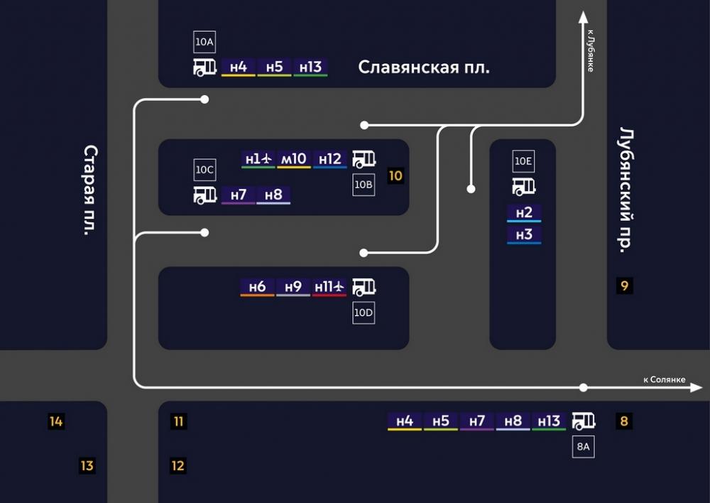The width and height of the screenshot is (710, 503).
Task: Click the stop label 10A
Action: pyautogui.click(x=204, y=42)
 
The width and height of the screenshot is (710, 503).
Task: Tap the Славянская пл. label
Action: pyautogui.click(x=424, y=67)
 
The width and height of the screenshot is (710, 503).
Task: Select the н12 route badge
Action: pyautogui.click(x=330, y=160)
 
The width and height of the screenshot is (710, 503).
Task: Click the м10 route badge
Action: pyautogui.click(x=294, y=160)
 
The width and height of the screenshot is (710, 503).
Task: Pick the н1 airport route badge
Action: pyautogui.click(x=258, y=160)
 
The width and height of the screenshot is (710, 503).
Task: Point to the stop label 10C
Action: pyautogui.click(x=204, y=170)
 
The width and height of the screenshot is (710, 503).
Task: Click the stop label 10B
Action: pyautogui.click(x=364, y=185)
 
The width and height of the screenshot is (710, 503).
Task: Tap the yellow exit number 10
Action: pyautogui.click(x=395, y=175)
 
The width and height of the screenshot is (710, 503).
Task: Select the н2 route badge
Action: pyautogui.click(x=524, y=213)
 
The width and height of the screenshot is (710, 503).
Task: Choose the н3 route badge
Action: pyautogui.click(x=524, y=235)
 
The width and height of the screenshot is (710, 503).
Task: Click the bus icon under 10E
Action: pyautogui.click(x=524, y=187)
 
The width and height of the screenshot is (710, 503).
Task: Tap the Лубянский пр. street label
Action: pyautogui.click(x=627, y=190)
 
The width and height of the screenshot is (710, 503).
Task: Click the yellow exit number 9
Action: pyautogui.click(x=624, y=286)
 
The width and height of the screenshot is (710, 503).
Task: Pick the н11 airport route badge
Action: pyautogui.click(x=329, y=287)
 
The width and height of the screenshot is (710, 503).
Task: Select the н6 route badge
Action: pyautogui.click(x=257, y=287)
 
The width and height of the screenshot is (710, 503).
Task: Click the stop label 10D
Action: pyautogui.click(x=364, y=313)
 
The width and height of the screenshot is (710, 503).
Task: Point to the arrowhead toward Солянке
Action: pyautogui.click(x=696, y=387)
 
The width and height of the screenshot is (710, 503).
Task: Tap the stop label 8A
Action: pyautogui.click(x=583, y=447)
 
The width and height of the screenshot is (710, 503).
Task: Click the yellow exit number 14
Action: pyautogui.click(x=55, y=421)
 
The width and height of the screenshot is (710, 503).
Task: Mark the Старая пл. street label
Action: pyautogui.click(x=91, y=190)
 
